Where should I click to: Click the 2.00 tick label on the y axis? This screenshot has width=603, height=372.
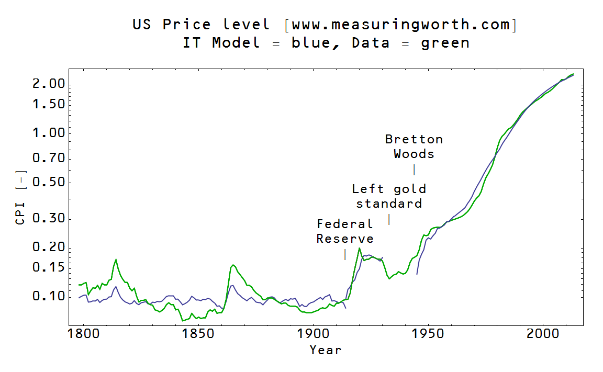(49, 85)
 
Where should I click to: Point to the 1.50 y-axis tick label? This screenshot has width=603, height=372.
(49, 104)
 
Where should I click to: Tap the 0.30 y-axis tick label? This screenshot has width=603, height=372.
(49, 219)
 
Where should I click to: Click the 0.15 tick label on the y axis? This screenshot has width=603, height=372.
(49, 268)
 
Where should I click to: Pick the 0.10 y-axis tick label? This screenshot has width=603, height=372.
(49, 297)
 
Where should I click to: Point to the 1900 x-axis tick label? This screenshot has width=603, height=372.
(313, 334)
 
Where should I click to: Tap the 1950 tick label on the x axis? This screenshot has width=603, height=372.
(428, 334)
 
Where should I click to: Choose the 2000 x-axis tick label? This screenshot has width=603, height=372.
(543, 334)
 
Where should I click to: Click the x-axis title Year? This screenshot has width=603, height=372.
(325, 350)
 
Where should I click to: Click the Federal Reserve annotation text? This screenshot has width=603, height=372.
(345, 231)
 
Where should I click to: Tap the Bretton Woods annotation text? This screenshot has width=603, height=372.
(414, 146)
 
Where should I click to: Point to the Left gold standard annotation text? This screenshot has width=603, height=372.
(389, 196)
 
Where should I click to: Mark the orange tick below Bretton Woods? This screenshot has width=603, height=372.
(414, 170)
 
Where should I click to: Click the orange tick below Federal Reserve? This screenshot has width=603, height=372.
(345, 254)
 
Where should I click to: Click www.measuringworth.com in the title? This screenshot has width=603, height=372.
(400, 25)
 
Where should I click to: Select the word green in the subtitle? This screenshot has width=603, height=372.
(445, 43)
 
